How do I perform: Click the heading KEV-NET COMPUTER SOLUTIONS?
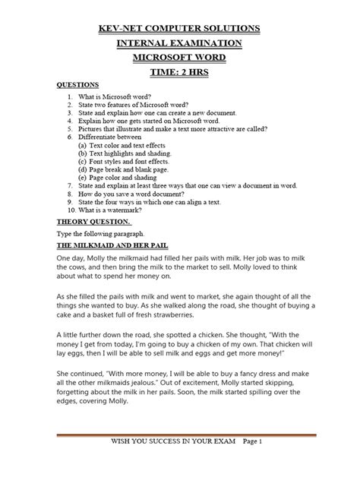coord(180,28)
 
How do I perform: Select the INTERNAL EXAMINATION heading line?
coord(180,45)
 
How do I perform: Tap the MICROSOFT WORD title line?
coord(180,61)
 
